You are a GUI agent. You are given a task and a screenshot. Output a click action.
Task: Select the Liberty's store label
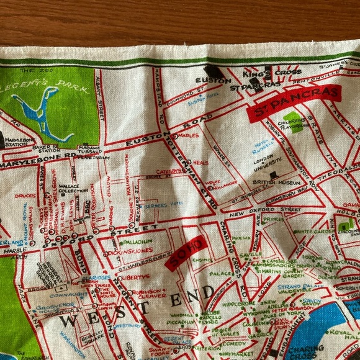tap(133, 276)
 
